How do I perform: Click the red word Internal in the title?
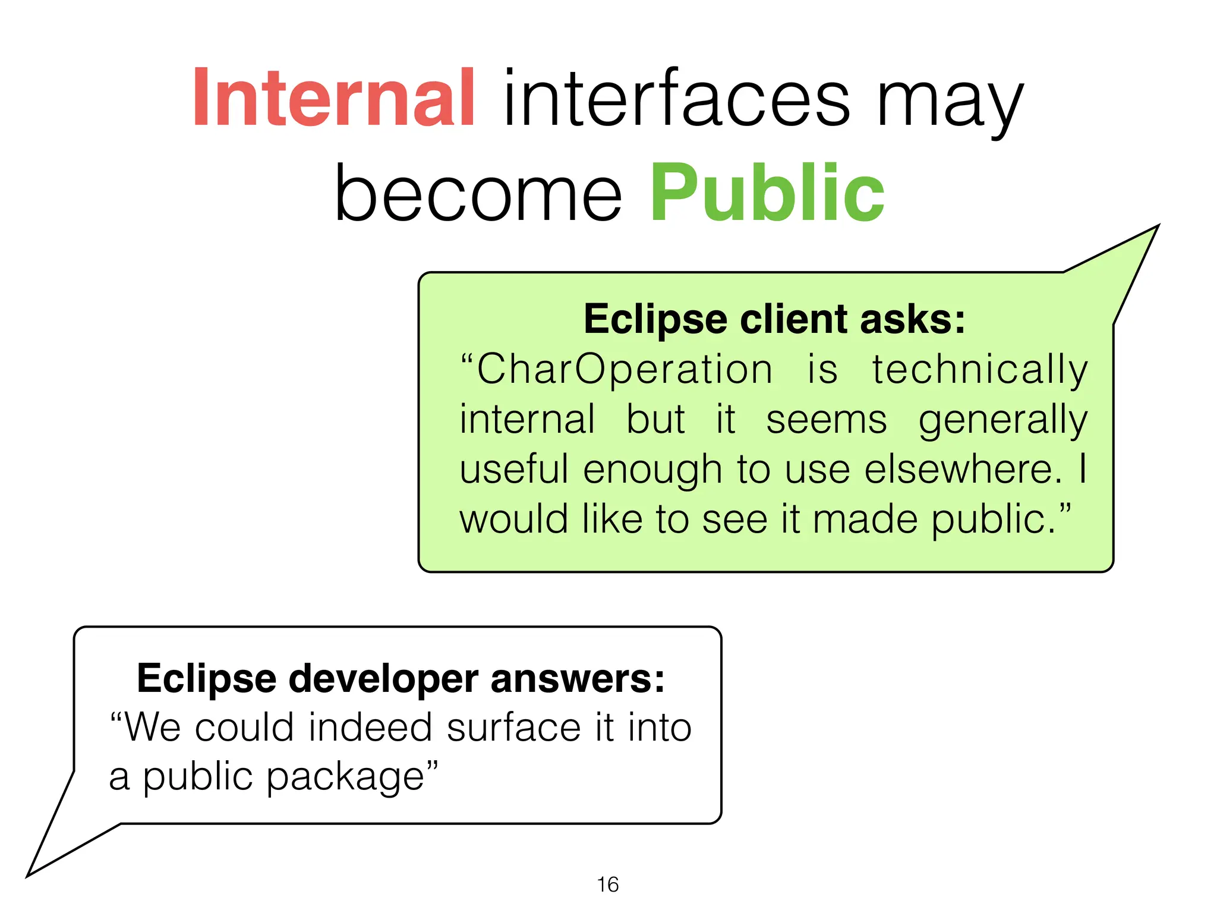pyautogui.click(x=333, y=98)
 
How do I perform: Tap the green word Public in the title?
pyautogui.click(x=767, y=193)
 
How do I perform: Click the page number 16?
pyautogui.click(x=607, y=884)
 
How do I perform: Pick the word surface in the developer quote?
pyautogui.click(x=513, y=728)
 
